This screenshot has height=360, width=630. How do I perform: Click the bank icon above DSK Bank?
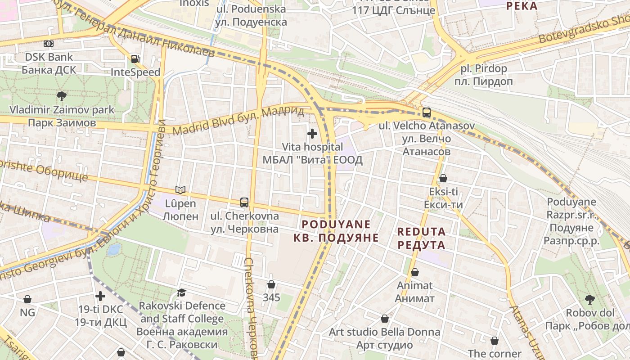(48, 44)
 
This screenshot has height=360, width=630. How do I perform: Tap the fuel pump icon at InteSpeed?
(135, 58)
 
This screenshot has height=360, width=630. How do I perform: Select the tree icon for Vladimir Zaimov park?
(62, 96)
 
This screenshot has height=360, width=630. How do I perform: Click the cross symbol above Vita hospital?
(312, 134)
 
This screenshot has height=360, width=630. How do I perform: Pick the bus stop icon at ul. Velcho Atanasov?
(426, 112)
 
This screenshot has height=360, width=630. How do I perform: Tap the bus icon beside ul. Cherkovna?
(244, 202)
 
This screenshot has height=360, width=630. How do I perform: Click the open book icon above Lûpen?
(180, 190)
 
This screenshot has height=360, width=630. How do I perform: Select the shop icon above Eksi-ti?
(443, 178)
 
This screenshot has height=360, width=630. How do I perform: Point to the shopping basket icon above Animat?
(415, 272)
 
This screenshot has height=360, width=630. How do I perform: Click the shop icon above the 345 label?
(271, 284)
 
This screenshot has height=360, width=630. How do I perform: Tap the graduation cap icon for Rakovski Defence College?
(181, 293)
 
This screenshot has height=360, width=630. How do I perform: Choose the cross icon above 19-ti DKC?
(100, 296)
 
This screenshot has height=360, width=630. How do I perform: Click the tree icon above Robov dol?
(589, 299)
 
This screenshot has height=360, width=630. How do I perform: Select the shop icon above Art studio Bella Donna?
(385, 319)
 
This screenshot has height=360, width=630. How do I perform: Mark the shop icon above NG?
(27, 299)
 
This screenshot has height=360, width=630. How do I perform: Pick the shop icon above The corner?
(495, 341)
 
